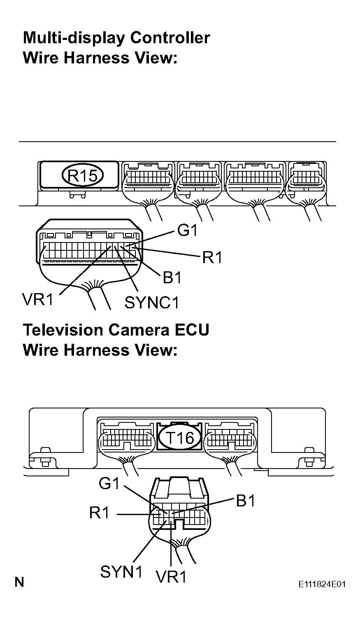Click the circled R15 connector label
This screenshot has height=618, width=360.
pos(82,176)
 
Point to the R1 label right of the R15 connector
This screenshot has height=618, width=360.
pos(212,258)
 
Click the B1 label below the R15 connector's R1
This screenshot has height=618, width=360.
pos(172,278)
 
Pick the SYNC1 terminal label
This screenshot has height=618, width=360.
pos(152,303)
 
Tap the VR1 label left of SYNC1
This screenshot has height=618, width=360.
pos(38,299)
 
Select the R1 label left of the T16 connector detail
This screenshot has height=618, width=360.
pos(100,513)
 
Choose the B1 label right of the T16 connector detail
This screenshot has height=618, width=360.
pos(246,501)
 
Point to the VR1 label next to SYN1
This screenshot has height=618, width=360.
pos(171,577)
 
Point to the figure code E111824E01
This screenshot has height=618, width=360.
pos(322,585)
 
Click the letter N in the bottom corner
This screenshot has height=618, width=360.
pos(19,582)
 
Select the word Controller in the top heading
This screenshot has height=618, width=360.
pos(170,38)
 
